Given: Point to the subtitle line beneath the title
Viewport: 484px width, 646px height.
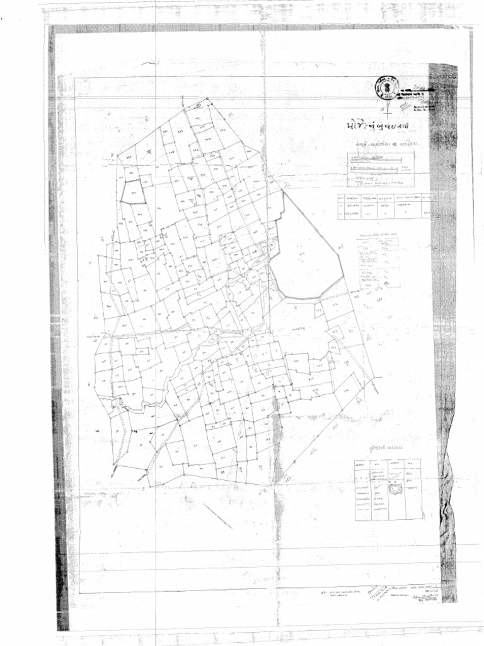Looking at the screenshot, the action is (385, 144).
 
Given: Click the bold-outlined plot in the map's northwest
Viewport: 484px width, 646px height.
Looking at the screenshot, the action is (133, 192).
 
